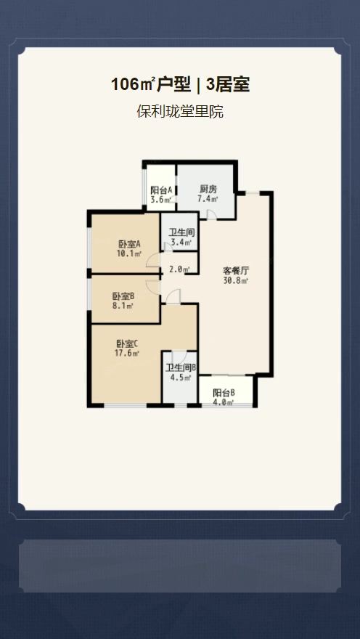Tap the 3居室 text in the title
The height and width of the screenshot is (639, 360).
(x=228, y=85)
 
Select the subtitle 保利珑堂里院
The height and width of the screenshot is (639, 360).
(x=179, y=112)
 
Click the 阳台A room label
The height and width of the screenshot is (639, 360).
(x=161, y=190)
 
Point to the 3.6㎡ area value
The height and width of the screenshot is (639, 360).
(x=161, y=200)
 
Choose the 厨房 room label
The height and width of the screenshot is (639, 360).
(x=208, y=190)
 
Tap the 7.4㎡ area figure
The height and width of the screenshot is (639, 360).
(x=208, y=200)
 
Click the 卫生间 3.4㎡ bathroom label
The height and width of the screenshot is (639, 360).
(x=181, y=233)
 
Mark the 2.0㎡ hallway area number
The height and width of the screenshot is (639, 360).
(x=179, y=269)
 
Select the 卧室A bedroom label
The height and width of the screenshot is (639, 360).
(x=128, y=244)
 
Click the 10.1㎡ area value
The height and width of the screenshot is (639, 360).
(x=128, y=254)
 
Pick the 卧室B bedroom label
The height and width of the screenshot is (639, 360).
(x=123, y=296)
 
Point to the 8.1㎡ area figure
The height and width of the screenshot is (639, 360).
(x=123, y=306)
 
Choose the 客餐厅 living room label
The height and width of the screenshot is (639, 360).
(x=236, y=270)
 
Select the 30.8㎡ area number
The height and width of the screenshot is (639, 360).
(x=236, y=280)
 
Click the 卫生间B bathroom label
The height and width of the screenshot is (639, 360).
(x=181, y=367)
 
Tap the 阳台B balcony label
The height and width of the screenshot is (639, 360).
(x=224, y=392)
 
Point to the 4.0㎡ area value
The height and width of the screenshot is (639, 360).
(x=224, y=402)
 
